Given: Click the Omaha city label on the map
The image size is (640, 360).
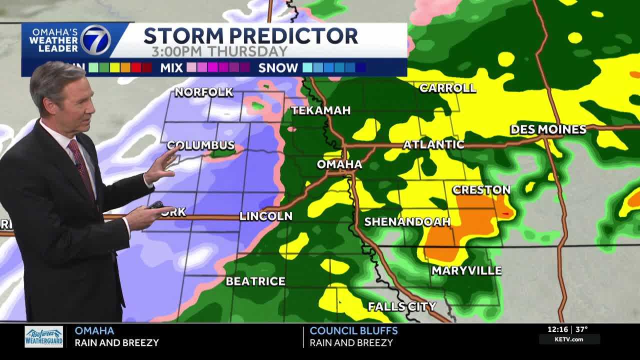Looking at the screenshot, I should [x=339, y=164].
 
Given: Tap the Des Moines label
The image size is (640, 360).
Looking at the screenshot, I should [x=548, y=129].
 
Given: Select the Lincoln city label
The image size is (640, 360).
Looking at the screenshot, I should [x=265, y=216].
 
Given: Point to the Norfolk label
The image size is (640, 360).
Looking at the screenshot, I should [x=203, y=92].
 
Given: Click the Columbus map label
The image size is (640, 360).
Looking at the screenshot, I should [x=201, y=145].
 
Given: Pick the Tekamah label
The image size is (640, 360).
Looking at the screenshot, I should [x=321, y=110].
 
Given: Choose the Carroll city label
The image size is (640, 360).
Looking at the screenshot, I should [x=447, y=88].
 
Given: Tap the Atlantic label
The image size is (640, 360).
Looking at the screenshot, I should [x=433, y=144].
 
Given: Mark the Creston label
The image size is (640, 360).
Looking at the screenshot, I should [x=481, y=189].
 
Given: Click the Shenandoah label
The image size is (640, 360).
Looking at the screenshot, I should [x=407, y=221].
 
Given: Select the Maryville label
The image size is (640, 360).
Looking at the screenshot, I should [x=466, y=270].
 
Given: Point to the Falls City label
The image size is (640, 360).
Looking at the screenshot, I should [x=402, y=306].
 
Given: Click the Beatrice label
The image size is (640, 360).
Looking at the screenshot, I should [x=255, y=281].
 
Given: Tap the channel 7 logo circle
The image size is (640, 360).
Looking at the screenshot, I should [x=95, y=39].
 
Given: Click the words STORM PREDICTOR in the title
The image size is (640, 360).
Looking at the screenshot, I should [x=250, y=36].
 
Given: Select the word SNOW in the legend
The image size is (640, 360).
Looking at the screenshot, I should [x=278, y=68].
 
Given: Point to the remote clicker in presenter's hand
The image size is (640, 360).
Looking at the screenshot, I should [x=155, y=205].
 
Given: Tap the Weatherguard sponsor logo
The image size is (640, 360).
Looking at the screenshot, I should [x=44, y=337].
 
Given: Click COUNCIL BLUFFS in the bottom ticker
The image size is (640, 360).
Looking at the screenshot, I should [x=353, y=330].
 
